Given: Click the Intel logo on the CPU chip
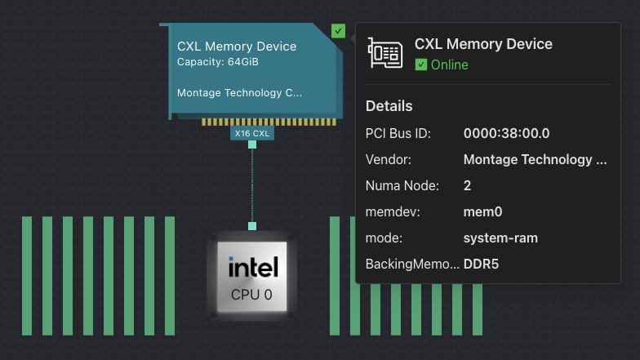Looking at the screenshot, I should point(253,267).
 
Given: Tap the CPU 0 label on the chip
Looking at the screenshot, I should point(251,294).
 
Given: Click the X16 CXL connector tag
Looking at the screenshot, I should point(251,133).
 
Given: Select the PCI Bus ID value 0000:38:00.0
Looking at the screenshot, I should point(506,133).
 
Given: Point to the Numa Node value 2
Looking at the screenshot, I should point(468,185).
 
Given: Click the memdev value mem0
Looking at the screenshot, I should point(482,211).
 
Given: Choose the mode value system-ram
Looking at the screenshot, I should point(500,238).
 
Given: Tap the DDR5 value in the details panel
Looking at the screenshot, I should point(481,264).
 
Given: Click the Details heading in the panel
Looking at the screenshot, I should point(389,106).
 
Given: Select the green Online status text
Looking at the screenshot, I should point(449,64).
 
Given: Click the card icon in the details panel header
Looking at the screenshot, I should point(384,52).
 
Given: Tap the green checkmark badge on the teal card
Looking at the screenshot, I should point(338,31).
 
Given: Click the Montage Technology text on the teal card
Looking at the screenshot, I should point(239,93).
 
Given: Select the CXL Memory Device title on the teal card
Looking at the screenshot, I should point(237,47).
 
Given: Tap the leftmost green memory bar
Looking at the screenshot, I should point(27,275).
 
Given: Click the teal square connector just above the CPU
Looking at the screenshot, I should point(252,226).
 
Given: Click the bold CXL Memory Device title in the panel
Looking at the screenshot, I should point(483,44).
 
